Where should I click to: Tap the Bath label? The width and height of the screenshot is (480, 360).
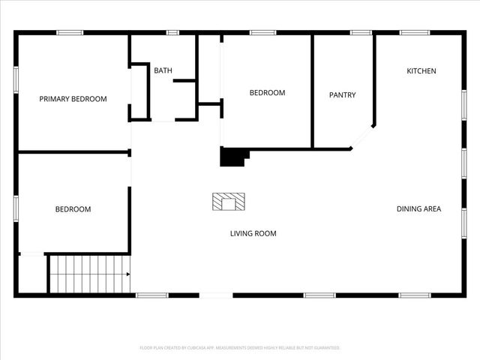(x=163, y=70)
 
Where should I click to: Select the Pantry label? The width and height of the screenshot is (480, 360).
(x=342, y=95)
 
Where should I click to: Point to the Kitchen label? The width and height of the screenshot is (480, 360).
(x=421, y=70)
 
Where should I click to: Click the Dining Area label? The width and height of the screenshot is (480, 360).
(x=418, y=208)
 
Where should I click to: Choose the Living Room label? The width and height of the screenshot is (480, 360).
(x=253, y=233)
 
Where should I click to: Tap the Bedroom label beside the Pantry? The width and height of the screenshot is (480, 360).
(x=267, y=92)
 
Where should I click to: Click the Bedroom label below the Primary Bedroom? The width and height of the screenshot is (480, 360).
(x=73, y=209)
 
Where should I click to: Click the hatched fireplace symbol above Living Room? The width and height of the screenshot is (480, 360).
(x=229, y=201)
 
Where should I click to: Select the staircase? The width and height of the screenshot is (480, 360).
(x=88, y=274)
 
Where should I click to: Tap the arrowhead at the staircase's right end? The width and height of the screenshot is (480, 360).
(x=128, y=274)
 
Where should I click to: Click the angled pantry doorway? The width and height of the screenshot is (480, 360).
(x=362, y=137)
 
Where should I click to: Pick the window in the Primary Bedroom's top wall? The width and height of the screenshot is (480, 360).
(x=70, y=32)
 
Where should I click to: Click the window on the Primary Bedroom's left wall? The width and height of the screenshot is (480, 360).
(x=16, y=79)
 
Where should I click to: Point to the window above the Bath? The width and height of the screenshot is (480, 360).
(x=172, y=32)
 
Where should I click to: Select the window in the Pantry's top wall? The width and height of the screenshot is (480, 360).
(x=361, y=32)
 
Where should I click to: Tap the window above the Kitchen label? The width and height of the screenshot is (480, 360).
(x=414, y=32)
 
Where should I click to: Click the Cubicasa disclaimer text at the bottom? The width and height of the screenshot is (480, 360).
(x=240, y=348)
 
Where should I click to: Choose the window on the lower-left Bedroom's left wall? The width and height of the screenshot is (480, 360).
(x=16, y=208)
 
